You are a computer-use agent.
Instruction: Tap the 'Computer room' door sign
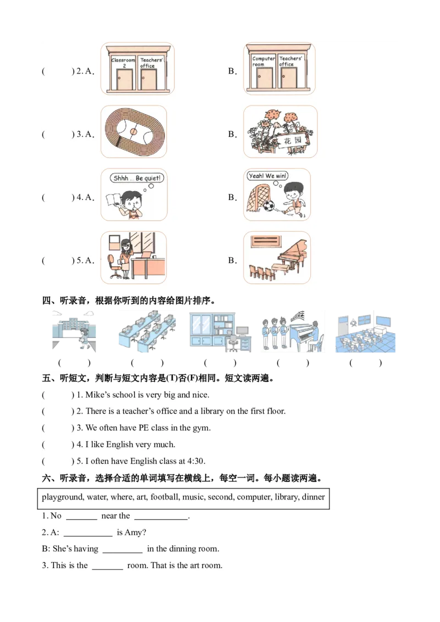263,61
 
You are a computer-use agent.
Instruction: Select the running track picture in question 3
134,132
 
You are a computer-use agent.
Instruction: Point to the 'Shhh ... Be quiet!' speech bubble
136,178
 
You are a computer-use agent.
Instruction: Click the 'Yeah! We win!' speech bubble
267,176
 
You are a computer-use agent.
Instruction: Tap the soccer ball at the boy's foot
268,207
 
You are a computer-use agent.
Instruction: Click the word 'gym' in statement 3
202,428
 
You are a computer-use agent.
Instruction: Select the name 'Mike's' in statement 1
97,395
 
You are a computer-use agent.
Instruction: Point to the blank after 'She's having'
122,549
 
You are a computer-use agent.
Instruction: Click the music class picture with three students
291,333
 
